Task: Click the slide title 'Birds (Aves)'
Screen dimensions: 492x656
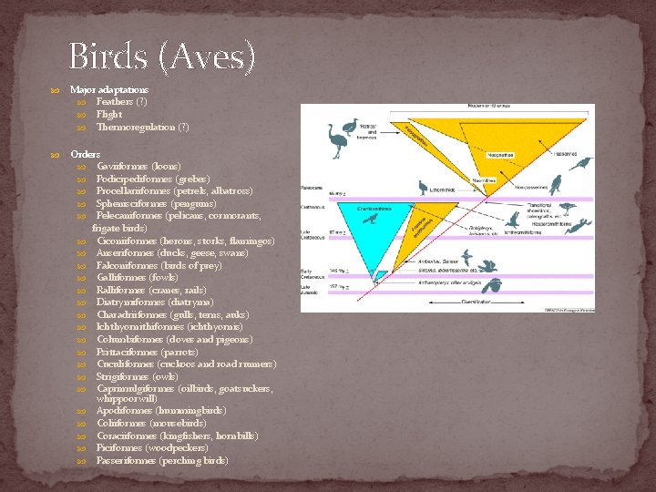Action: point(162,56)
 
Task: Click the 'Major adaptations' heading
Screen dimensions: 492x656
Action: point(109,90)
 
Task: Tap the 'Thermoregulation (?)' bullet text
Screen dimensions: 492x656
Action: point(142,127)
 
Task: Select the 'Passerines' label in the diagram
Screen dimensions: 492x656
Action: point(567,154)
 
